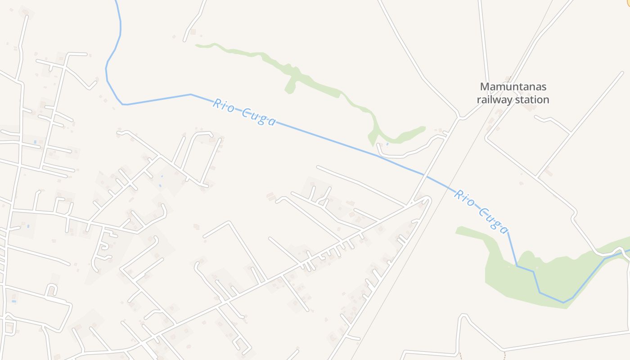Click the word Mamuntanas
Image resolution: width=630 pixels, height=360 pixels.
513,86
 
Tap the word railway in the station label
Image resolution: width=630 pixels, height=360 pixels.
494,99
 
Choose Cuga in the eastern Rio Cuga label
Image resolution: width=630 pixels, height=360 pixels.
494,219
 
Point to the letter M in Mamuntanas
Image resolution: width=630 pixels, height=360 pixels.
485,86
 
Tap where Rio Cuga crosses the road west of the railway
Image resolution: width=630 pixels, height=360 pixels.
423,174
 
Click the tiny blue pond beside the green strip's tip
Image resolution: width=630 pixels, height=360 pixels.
387,144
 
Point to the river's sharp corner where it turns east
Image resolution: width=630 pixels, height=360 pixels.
123,104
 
